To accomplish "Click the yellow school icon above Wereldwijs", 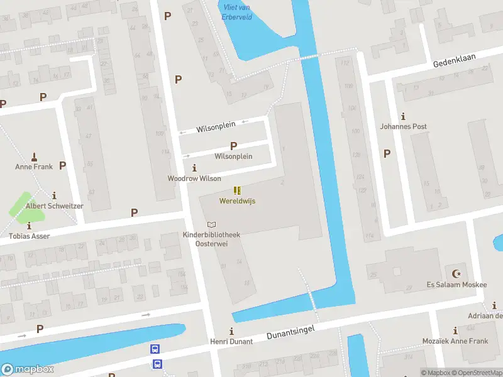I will click(x=237, y=190).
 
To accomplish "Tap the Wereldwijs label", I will click(x=237, y=201).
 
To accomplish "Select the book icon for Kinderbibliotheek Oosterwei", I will click(x=211, y=224).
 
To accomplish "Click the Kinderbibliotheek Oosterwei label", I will click(x=211, y=239).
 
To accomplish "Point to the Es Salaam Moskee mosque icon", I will click(x=456, y=273).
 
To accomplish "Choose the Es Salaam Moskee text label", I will click(x=456, y=285).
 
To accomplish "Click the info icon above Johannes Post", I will click(x=403, y=116).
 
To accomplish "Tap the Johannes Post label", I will click(x=403, y=126).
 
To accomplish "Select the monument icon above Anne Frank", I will click(x=34, y=156).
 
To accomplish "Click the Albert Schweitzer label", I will click(x=54, y=205).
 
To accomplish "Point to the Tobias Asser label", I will click(x=29, y=236).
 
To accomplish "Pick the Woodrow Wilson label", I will click(x=194, y=178).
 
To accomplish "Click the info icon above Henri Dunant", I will click(x=231, y=331).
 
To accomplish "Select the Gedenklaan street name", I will click(x=454, y=60).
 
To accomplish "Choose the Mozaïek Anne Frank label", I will click(x=455, y=341).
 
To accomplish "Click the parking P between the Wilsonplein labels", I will click(x=233, y=145).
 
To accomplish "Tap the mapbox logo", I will click(x=28, y=369).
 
